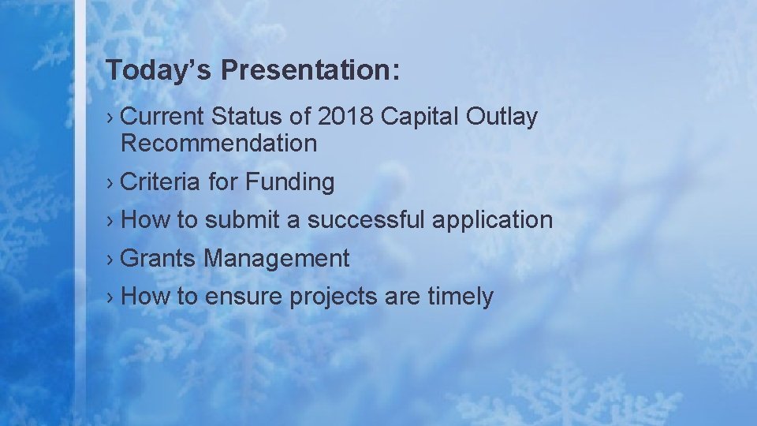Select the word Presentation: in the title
coord(311,69)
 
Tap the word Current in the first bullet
coord(163,117)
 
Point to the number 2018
coord(345,117)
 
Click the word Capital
coord(420,117)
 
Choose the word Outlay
coord(502,117)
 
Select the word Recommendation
coord(219,144)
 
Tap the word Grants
coord(159,258)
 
